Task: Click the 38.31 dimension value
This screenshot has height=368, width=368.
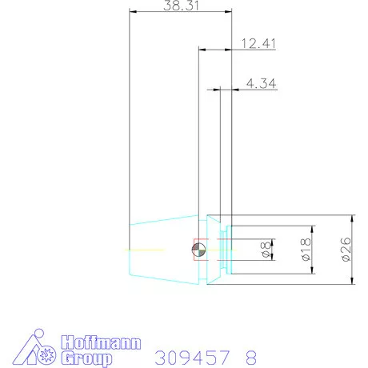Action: coord(182,6)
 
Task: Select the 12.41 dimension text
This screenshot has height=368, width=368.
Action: coord(258,43)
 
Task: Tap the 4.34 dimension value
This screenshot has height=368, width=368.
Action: coord(262,83)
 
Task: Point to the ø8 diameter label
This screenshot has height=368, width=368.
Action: coord(266,250)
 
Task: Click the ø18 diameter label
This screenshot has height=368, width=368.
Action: coord(306,250)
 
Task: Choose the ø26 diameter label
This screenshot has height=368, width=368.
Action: coord(346,250)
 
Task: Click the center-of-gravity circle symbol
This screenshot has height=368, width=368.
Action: coord(198,250)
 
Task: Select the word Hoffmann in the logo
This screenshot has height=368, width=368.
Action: coord(101,342)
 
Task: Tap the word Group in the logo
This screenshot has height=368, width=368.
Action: coord(86,358)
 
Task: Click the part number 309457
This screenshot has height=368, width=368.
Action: coord(192,358)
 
